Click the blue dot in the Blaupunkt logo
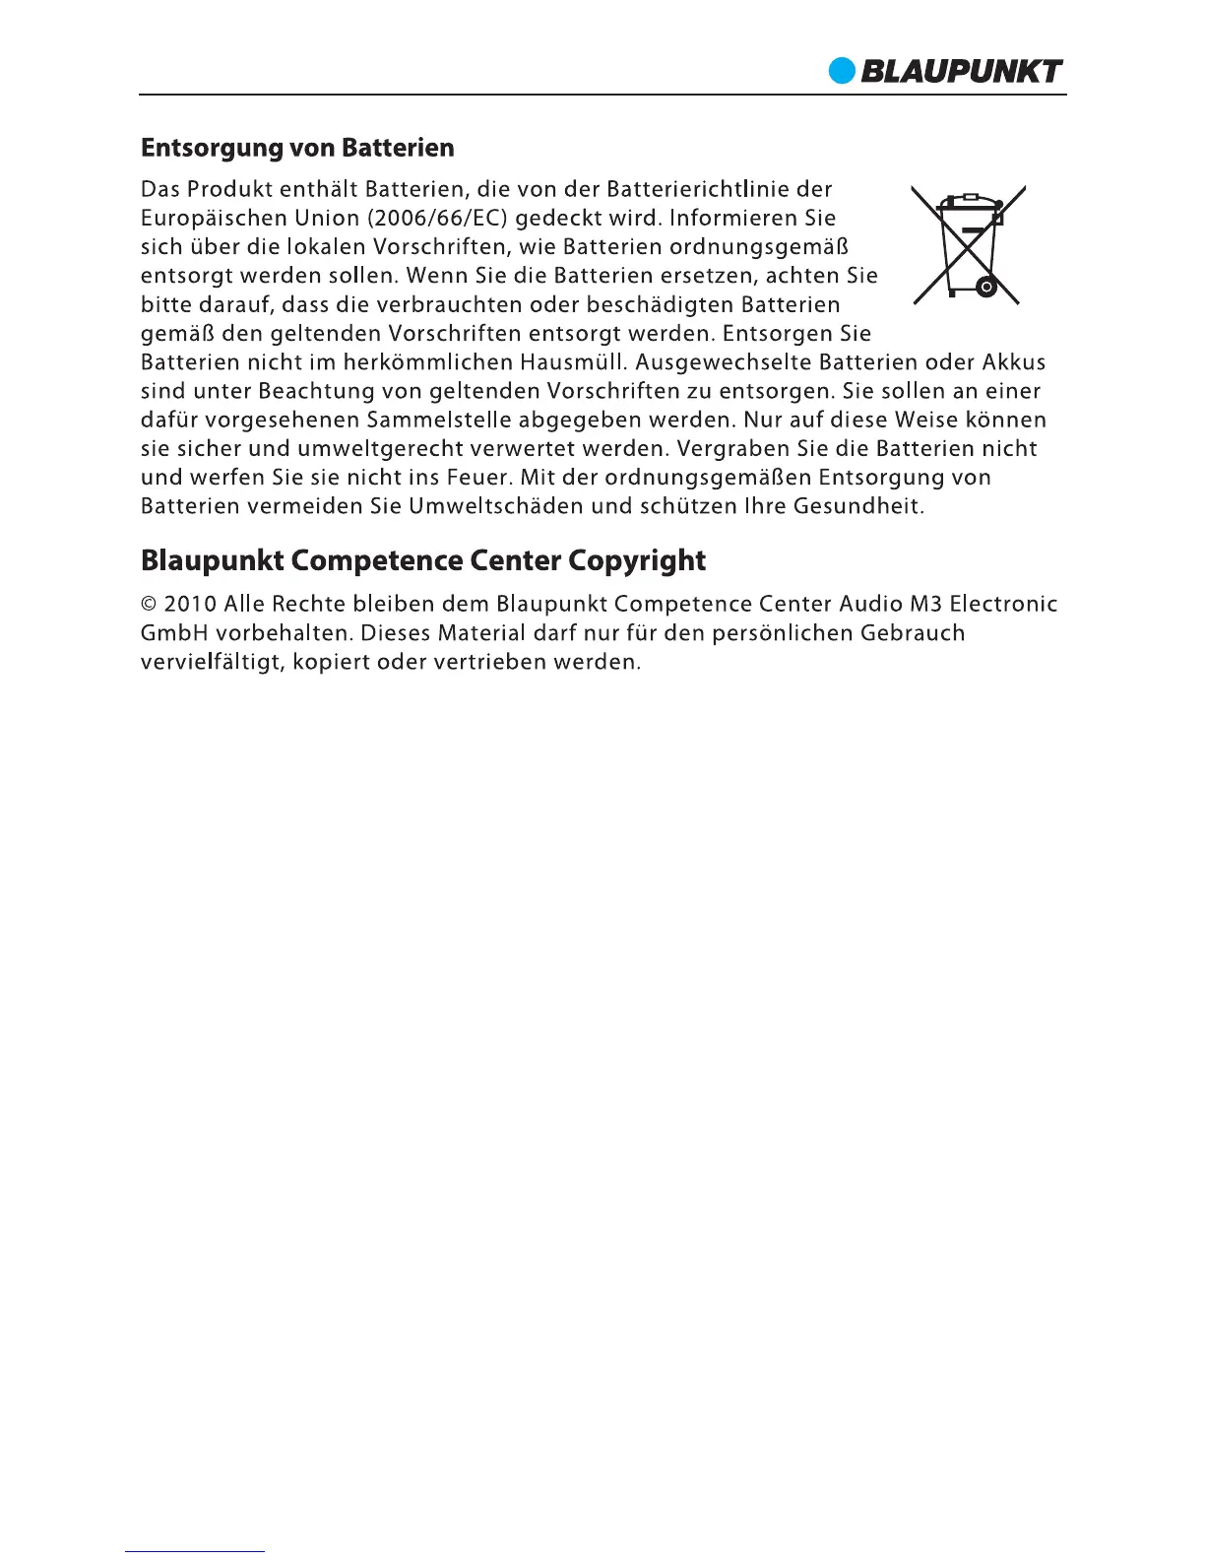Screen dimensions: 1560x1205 click(x=843, y=72)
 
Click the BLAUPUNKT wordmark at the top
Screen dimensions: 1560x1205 click(x=961, y=72)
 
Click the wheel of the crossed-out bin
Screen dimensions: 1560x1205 click(x=984, y=288)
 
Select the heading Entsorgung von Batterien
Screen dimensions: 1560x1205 click(x=297, y=149)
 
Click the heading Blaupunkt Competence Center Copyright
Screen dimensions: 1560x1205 click(x=423, y=561)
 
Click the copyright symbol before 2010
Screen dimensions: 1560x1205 click(x=150, y=604)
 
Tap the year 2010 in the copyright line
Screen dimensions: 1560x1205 click(x=191, y=604)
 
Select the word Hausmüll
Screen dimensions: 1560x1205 click(x=574, y=362)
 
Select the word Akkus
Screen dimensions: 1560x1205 click(x=1014, y=362)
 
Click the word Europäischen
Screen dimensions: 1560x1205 click(x=208, y=218)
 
